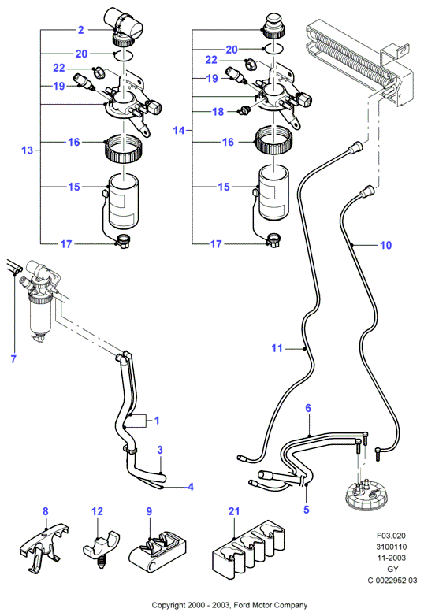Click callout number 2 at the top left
[x=81, y=30]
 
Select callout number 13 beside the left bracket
[x=27, y=150]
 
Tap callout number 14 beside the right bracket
[x=179, y=130]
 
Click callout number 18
[x=218, y=112]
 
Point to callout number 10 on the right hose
[x=386, y=245]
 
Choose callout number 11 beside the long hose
[x=277, y=348]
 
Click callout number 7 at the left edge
[x=13, y=358]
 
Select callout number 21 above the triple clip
[x=234, y=511]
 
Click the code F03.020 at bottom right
[x=391, y=536]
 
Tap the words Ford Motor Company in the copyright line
[x=270, y=606]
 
